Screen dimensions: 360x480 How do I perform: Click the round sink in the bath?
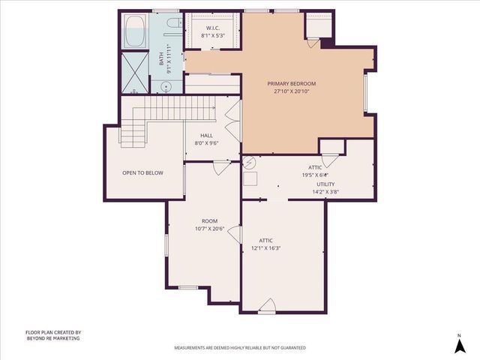166,86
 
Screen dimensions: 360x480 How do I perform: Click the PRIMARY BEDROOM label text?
293,83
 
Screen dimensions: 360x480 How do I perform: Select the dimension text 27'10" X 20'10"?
293,91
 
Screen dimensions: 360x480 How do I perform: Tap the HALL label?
206,135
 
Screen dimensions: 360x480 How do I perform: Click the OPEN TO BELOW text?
142,172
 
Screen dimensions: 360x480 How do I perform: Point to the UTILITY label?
325,184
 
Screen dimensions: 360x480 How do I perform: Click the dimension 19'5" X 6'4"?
315,175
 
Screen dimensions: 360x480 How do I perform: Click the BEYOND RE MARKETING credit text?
52,338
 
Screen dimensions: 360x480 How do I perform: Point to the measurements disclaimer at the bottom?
240,348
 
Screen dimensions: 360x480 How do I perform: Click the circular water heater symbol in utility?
250,162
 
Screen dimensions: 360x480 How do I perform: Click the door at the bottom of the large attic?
266,305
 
